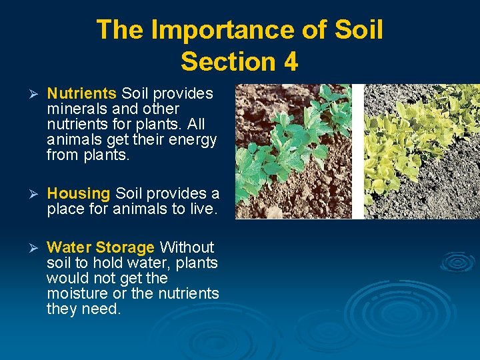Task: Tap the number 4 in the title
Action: [x=290, y=61]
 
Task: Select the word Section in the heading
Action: [x=227, y=61]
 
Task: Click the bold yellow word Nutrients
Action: [x=82, y=93]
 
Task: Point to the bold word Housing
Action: [x=79, y=193]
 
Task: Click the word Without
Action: [x=187, y=247]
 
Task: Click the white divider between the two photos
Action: [x=357, y=151]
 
